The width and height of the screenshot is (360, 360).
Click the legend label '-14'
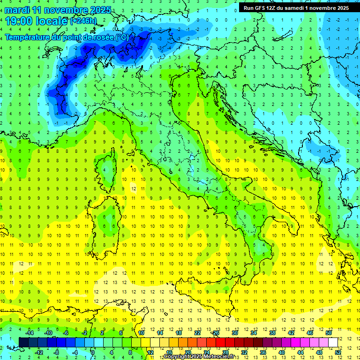click(x=29, y=333)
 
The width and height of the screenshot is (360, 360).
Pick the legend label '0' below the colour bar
click(x=93, y=352)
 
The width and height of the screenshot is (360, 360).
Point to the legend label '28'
click(x=225, y=352)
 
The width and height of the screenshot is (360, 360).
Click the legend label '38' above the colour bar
click(x=272, y=333)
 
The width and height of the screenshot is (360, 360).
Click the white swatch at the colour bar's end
click(x=333, y=342)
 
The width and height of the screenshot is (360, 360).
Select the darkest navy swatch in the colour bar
click(x=24, y=342)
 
